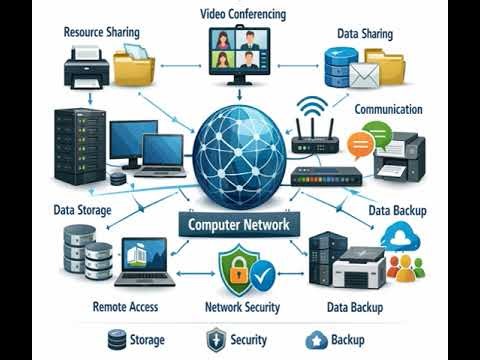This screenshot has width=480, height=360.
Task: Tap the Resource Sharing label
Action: click(101, 33)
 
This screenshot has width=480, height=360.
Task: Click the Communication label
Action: click(389, 110)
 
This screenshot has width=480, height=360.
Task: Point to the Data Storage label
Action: click(81, 211)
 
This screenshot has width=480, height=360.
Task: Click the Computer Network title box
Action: click(241, 225)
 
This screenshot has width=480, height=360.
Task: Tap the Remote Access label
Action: click(125, 307)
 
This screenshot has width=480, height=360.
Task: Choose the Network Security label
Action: click(242, 307)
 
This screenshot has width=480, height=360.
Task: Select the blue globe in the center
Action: click(240, 150)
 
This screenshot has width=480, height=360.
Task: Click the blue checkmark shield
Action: click(261, 273)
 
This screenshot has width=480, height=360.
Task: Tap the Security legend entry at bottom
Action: click(238, 340)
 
